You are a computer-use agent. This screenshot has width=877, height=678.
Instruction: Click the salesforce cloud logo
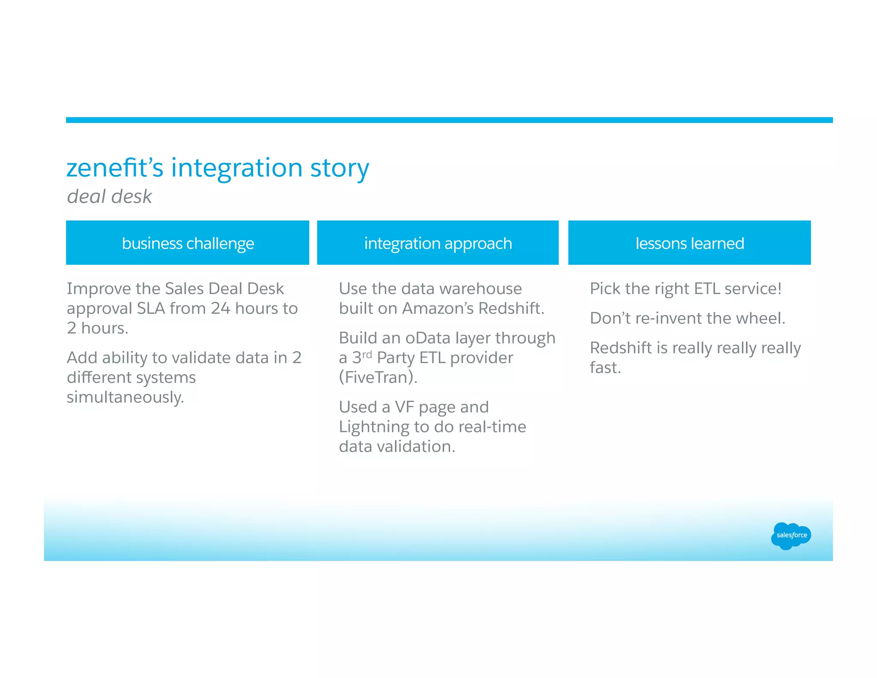(x=791, y=535)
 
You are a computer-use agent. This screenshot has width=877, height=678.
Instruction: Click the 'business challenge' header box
(x=188, y=243)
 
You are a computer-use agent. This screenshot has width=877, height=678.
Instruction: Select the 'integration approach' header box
(x=438, y=243)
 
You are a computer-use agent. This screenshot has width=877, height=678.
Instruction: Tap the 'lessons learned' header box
(x=689, y=243)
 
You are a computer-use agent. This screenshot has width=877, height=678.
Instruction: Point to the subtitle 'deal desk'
(x=109, y=197)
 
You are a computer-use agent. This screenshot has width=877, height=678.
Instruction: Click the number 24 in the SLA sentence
(x=220, y=309)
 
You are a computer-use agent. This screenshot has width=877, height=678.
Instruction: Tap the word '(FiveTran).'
(x=378, y=378)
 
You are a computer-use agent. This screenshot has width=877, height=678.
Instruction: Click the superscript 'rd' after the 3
(x=367, y=354)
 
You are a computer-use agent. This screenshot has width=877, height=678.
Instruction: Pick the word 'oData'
(x=428, y=338)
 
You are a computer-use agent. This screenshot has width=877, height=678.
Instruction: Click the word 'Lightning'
(x=374, y=427)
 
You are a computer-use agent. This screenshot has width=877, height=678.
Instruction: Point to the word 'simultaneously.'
(x=125, y=397)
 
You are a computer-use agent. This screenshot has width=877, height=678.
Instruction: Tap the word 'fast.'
(x=605, y=368)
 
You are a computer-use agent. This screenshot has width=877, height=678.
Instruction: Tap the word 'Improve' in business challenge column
(x=98, y=289)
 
